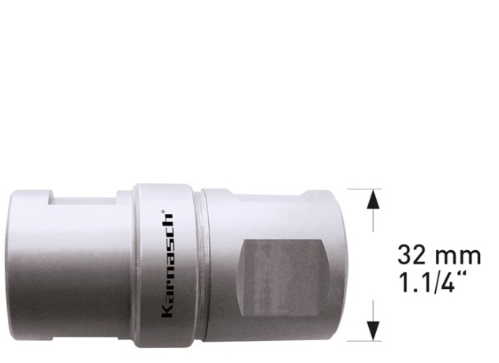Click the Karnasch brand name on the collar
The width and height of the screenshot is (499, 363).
[x=167, y=265]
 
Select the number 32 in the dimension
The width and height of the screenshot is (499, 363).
[x=411, y=255]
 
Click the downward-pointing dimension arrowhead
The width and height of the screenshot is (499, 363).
[x=373, y=331]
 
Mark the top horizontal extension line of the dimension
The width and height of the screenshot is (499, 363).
[x=364, y=189]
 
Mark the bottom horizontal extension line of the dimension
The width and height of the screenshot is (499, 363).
[x=364, y=341]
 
